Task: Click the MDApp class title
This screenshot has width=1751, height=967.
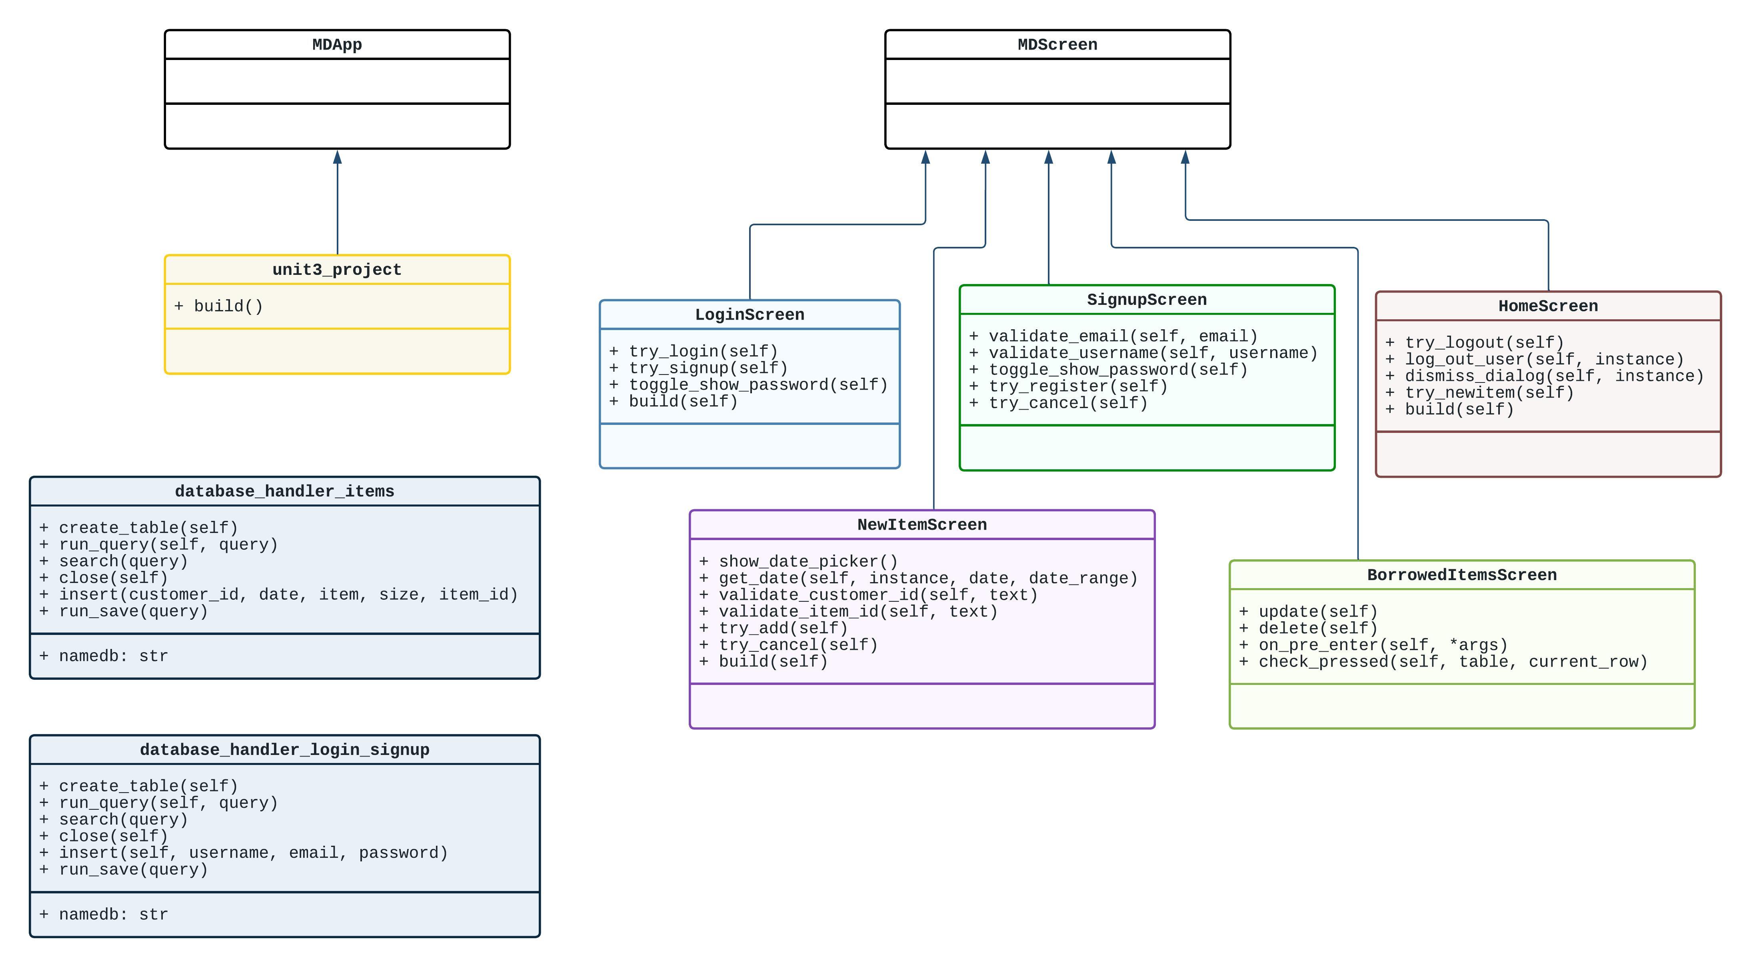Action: pyautogui.click(x=337, y=45)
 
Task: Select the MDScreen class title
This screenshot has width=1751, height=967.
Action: pyautogui.click(x=1057, y=45)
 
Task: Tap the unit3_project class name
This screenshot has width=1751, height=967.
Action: pyautogui.click(x=337, y=270)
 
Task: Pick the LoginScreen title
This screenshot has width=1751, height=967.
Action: pyautogui.click(x=749, y=315)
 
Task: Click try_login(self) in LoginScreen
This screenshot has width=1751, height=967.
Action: pyautogui.click(x=694, y=352)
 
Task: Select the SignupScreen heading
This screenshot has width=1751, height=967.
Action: pyautogui.click(x=1147, y=300)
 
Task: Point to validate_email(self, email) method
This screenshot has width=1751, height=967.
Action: pyautogui.click(x=1113, y=336)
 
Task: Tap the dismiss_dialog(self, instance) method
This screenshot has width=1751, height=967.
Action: pyautogui.click(x=1544, y=376)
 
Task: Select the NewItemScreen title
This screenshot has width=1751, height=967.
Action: pyautogui.click(x=922, y=525)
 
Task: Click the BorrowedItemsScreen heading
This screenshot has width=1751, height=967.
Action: pyautogui.click(x=1461, y=575)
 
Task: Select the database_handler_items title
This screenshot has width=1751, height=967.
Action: pyautogui.click(x=284, y=492)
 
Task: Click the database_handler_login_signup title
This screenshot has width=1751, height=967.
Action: pyautogui.click(x=284, y=750)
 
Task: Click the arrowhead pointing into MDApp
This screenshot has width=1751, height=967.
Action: pyautogui.click(x=337, y=158)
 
